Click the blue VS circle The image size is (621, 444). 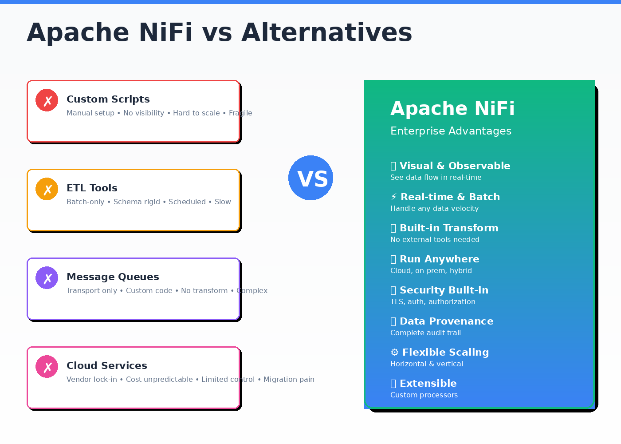click(x=310, y=178)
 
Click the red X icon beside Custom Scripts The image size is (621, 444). click(x=47, y=100)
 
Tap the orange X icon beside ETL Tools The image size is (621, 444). click(x=47, y=189)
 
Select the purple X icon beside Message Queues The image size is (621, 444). click(x=47, y=278)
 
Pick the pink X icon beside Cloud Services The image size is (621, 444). click(x=47, y=367)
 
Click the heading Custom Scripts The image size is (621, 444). click(x=108, y=99)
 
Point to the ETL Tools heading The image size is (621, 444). click(x=92, y=188)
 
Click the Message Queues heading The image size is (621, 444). click(x=113, y=277)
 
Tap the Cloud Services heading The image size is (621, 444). click(x=106, y=365)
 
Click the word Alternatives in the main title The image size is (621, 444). click(x=326, y=32)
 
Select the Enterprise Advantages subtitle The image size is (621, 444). click(x=451, y=131)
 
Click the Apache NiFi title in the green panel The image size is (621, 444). click(x=452, y=108)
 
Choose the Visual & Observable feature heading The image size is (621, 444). click(x=455, y=166)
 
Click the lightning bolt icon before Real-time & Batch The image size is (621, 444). click(x=394, y=197)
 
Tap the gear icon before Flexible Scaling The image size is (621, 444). click(x=394, y=353)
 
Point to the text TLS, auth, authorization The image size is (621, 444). click(x=432, y=301)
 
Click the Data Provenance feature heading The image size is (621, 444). click(x=446, y=321)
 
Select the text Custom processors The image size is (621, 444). click(x=424, y=395)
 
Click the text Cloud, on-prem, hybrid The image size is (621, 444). click(x=431, y=270)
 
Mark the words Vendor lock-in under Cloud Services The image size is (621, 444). click(x=92, y=379)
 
